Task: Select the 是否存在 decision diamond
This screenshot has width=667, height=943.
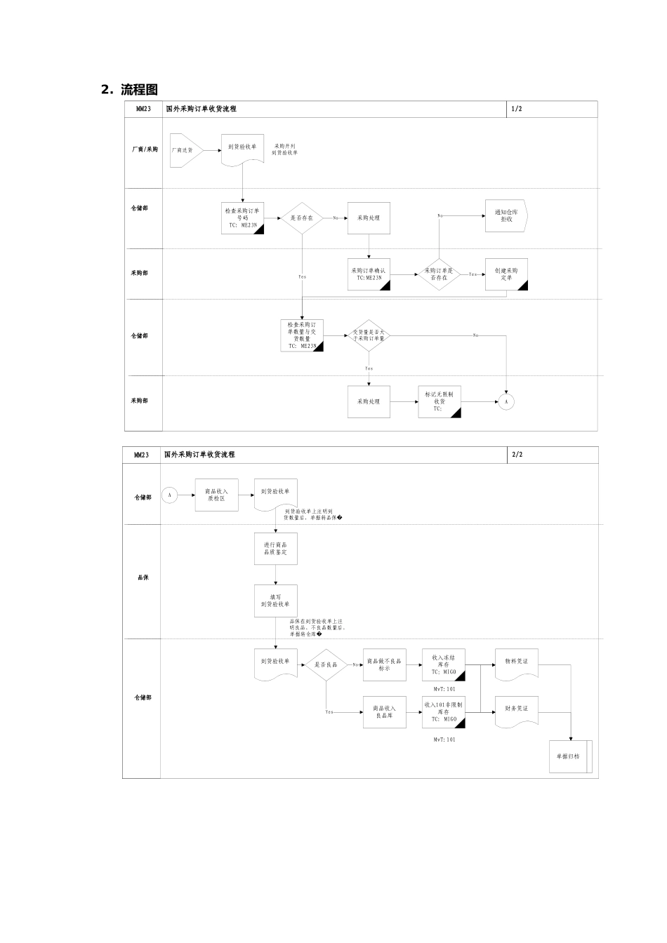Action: click(x=302, y=218)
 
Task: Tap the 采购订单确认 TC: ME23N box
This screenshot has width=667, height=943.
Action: click(x=369, y=274)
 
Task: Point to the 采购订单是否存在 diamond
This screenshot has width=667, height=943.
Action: click(x=439, y=274)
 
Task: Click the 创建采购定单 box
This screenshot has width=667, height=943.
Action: click(x=506, y=274)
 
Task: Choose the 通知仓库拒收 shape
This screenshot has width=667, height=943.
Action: click(x=506, y=215)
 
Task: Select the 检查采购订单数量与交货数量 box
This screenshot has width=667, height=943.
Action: click(x=302, y=335)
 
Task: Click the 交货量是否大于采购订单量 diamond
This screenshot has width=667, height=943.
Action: click(x=369, y=335)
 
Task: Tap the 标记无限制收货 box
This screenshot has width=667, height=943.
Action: click(x=440, y=401)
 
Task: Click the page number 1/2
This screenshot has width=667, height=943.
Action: click(x=517, y=109)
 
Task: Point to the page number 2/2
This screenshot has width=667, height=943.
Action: click(x=517, y=455)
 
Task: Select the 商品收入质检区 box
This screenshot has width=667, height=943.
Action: click(x=216, y=495)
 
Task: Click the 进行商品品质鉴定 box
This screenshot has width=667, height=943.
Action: click(x=275, y=549)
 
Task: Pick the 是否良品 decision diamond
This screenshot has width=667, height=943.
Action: click(x=326, y=664)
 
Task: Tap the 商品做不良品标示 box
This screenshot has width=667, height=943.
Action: click(x=384, y=664)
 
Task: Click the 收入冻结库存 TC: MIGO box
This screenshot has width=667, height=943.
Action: click(x=444, y=664)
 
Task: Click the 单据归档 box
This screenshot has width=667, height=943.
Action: click(x=570, y=756)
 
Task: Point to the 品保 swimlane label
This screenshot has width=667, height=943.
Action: click(x=143, y=577)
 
